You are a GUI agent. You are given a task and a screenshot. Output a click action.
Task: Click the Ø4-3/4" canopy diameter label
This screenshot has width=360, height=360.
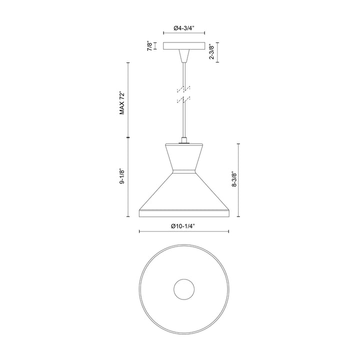183,28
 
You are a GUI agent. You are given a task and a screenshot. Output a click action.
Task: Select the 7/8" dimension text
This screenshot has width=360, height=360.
148,46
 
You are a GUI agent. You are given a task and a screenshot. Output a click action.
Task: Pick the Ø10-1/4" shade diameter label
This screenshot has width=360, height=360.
183,226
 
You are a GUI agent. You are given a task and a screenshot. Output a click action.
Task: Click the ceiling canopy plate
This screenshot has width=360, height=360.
183,46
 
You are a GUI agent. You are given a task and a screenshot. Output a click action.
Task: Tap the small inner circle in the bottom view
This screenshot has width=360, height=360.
183,289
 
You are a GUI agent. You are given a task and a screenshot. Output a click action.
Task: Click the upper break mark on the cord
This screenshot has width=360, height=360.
184,89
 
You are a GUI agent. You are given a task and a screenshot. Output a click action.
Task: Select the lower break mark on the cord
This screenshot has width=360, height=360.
184,100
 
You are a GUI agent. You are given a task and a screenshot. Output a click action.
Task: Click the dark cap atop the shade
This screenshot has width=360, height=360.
183,142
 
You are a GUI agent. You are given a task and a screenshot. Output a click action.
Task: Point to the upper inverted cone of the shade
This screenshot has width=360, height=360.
183,157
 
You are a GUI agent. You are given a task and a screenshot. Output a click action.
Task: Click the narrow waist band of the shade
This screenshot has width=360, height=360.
183,172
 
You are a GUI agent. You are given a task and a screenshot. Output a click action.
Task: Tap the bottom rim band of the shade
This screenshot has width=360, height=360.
183,214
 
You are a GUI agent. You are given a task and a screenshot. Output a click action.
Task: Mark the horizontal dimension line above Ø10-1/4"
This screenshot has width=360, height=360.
183,232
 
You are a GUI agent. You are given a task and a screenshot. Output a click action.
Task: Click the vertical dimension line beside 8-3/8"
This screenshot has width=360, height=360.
238,179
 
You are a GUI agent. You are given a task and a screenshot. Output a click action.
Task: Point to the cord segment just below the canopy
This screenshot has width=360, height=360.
184,70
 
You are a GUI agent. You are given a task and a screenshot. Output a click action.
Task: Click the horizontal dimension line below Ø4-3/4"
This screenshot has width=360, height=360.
183,35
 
